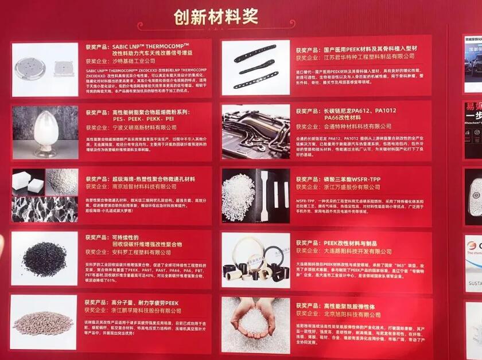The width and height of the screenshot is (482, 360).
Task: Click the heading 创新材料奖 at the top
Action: tap(216, 17)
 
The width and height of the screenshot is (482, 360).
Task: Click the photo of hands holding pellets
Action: tap(255, 324)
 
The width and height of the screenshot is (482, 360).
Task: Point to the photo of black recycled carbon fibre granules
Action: tap(44, 258)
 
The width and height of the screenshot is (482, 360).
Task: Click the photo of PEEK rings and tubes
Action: tap(255, 260)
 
